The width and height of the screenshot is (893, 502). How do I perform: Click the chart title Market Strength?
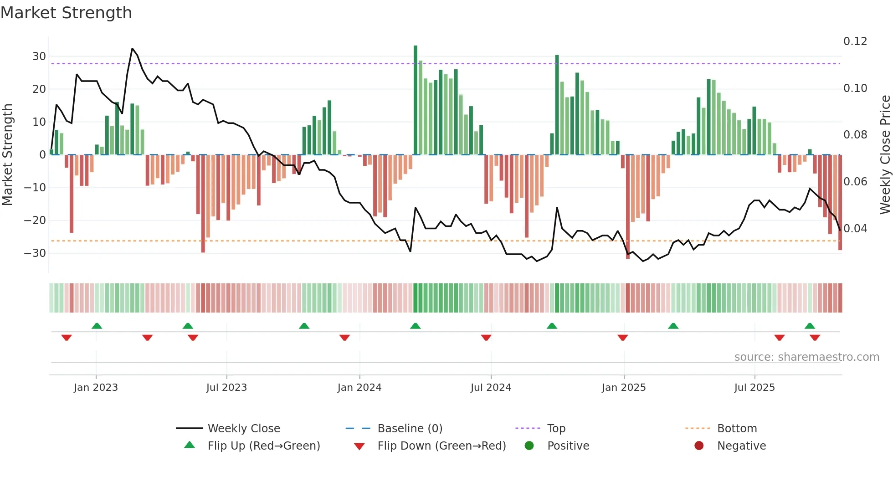point(66,13)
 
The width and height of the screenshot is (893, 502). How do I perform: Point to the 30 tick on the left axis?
point(39,56)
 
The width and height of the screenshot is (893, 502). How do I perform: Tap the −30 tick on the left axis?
point(36,253)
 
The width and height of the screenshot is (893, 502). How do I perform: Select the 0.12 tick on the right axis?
point(855,41)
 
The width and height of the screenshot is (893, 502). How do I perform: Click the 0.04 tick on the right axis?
point(855,228)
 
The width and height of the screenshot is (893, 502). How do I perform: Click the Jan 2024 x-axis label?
point(359,388)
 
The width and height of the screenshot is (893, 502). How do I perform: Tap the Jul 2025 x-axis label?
point(754,388)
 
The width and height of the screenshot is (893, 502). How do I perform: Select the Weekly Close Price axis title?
point(885,155)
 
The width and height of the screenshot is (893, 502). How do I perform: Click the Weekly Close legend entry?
point(243,429)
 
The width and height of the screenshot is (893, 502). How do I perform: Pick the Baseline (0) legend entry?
point(410,429)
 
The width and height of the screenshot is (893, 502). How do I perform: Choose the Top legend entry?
point(556,429)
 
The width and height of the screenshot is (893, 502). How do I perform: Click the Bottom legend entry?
point(737,429)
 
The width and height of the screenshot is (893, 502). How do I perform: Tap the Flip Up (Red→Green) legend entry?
point(263,446)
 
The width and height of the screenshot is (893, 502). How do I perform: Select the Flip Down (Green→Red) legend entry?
point(441,446)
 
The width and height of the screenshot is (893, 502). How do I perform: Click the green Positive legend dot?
point(529,446)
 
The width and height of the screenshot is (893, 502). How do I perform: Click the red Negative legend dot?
point(699,446)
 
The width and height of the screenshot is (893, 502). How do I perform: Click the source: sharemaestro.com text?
point(806,357)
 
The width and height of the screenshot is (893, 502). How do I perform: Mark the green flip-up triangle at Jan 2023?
point(97,326)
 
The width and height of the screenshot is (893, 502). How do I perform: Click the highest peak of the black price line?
point(132,48)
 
